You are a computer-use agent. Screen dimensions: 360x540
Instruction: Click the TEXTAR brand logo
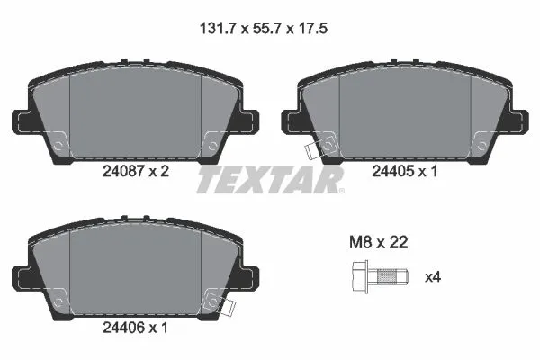tap(270, 179)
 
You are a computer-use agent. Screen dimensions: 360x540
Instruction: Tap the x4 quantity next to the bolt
tap(433, 276)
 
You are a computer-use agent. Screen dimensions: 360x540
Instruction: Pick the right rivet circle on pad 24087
tap(213, 141)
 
